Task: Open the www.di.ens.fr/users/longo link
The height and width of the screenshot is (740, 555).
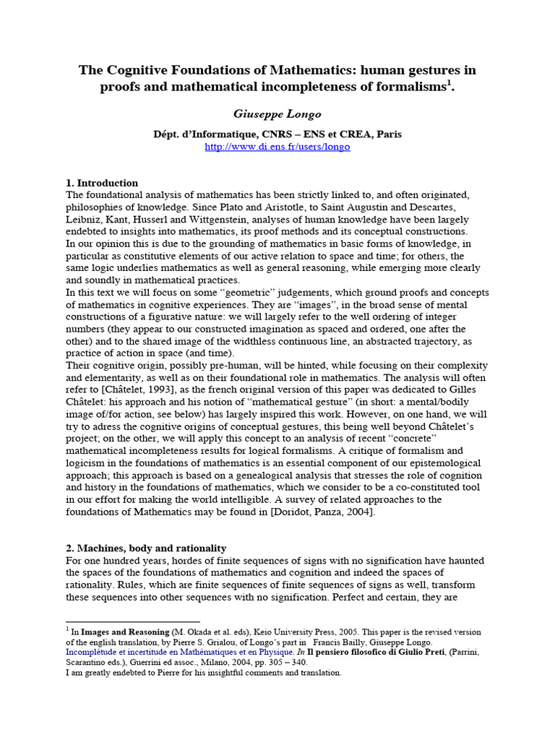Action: pos(277,147)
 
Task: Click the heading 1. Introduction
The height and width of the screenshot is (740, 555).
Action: pos(102,183)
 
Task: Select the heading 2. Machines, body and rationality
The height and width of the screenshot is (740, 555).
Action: pos(146,548)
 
